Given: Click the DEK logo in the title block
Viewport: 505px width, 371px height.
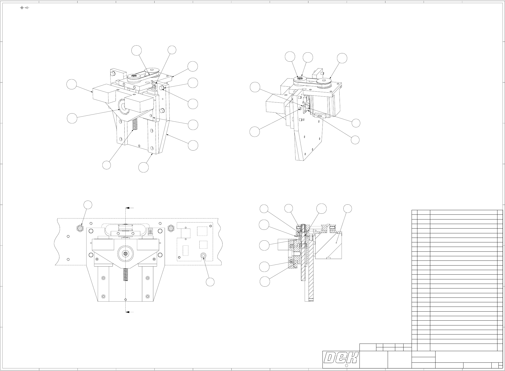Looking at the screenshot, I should click(x=341, y=358).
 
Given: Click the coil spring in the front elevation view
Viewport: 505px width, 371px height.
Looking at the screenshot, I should click(x=125, y=275).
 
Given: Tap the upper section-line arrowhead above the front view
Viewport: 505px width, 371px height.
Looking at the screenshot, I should click(x=129, y=208).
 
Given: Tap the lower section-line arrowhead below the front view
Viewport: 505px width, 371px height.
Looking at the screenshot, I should click(x=129, y=312).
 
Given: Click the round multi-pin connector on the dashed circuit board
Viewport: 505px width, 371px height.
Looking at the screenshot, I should click(x=203, y=256).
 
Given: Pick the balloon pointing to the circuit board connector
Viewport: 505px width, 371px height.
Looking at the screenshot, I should click(x=210, y=282).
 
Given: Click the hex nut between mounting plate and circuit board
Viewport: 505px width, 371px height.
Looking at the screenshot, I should click(x=171, y=229).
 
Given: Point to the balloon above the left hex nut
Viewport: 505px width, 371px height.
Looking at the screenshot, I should click(x=88, y=205).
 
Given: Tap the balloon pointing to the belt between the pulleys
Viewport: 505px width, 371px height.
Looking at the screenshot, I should click(x=136, y=51).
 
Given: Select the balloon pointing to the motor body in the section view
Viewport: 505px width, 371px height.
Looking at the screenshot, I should click(x=348, y=208).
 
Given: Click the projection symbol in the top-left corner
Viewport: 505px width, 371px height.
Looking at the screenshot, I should click(x=24, y=8).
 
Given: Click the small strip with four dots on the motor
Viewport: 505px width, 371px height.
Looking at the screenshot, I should click(x=320, y=116).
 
